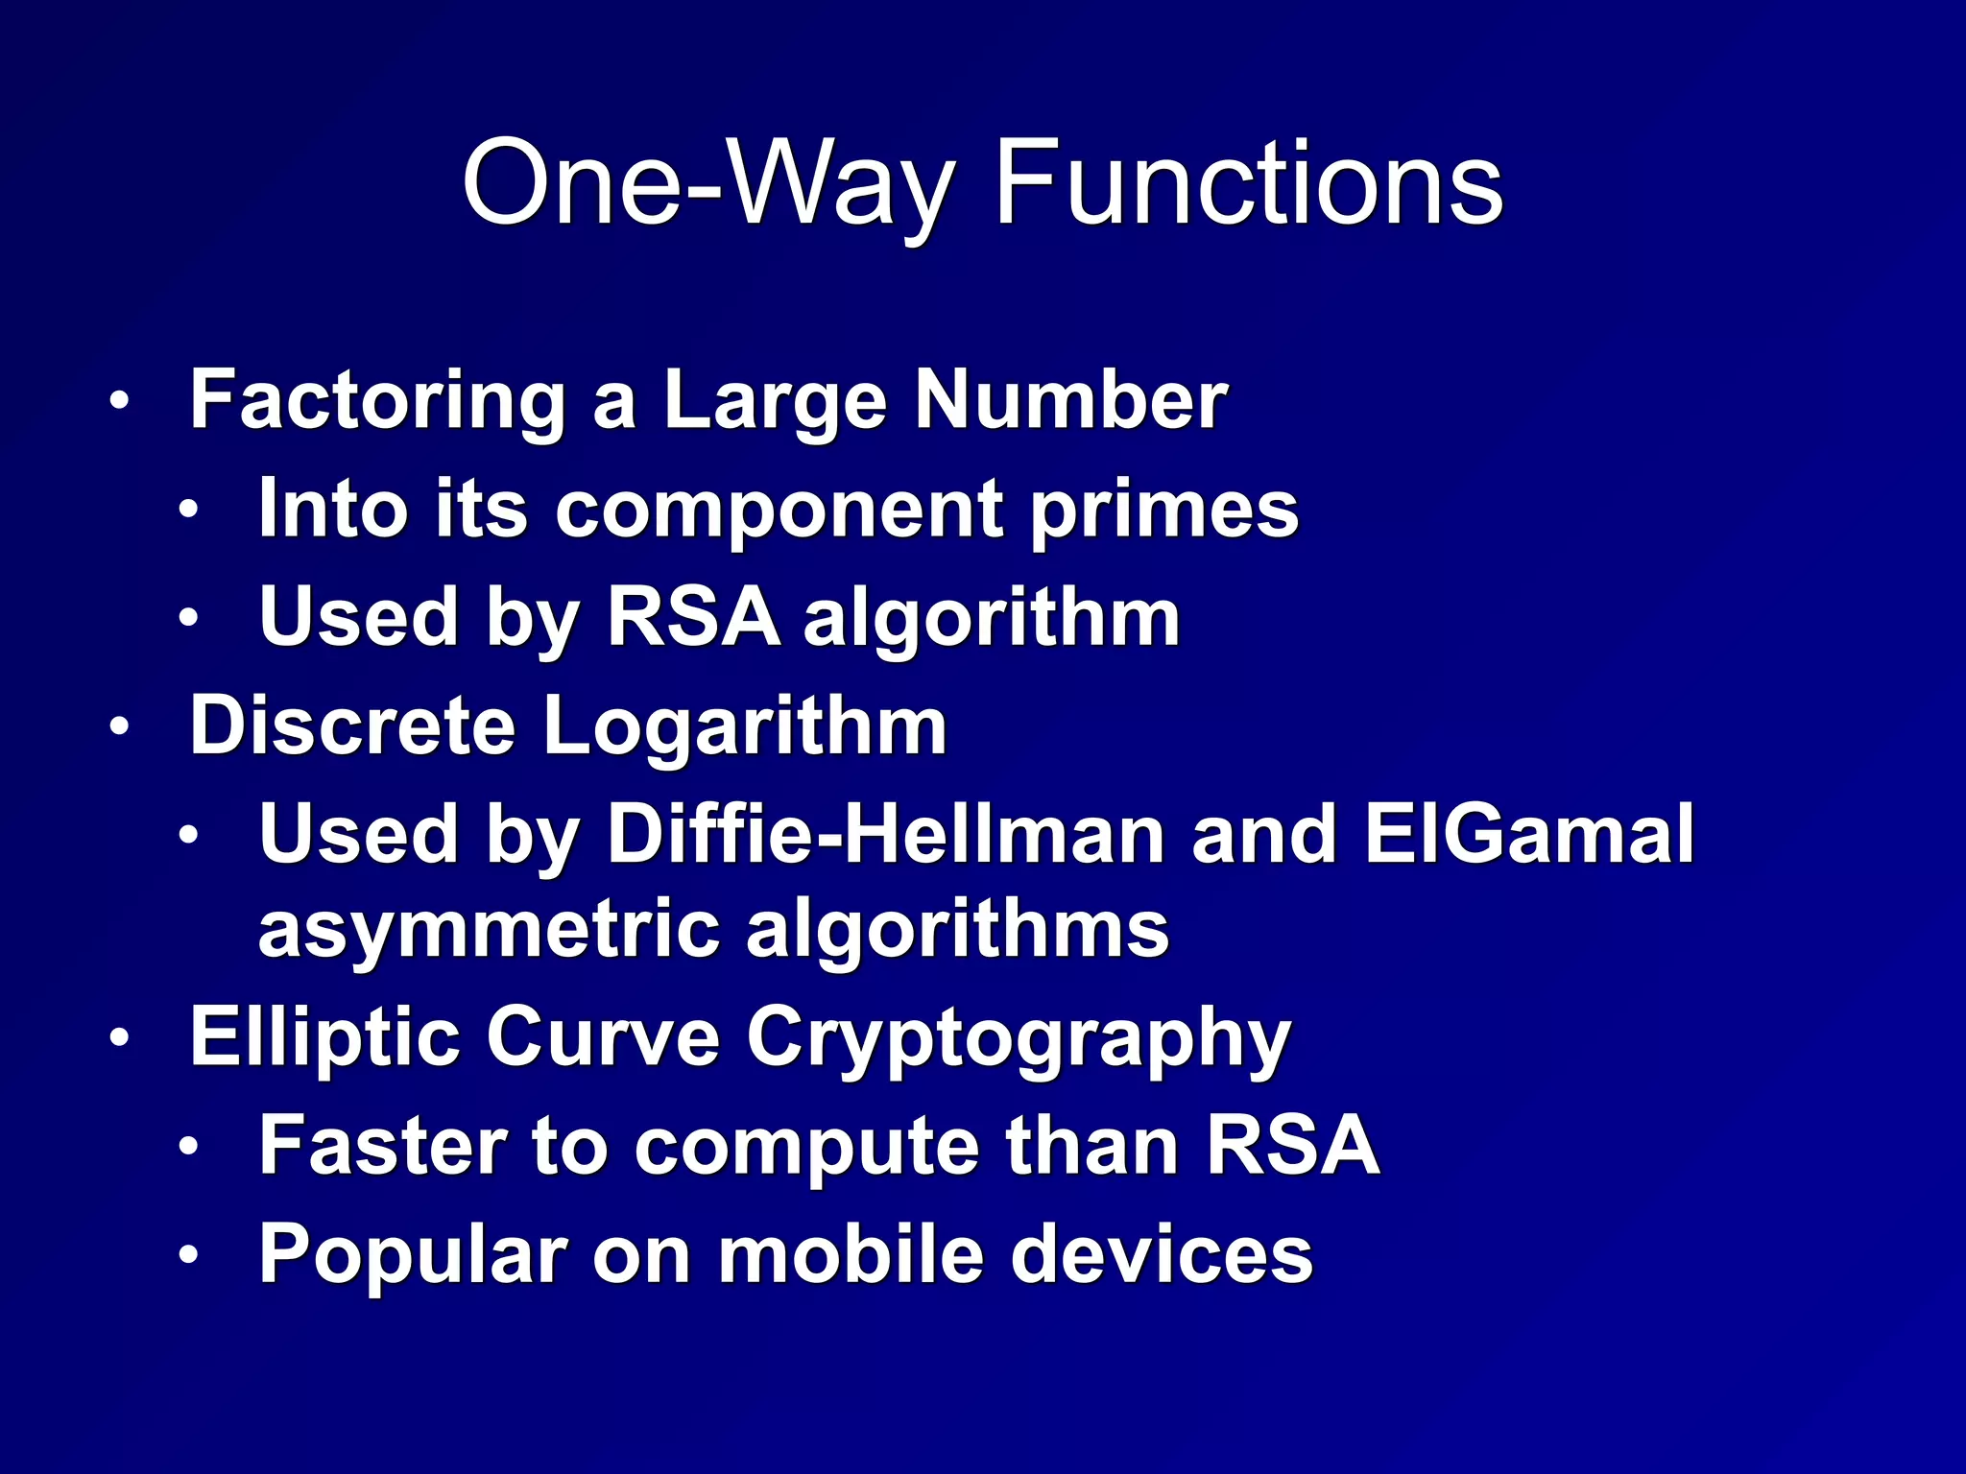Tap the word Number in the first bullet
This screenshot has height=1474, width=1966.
point(1070,400)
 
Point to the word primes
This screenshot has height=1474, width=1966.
point(1164,510)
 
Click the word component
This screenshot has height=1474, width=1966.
point(779,510)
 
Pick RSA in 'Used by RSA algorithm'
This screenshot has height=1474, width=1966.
point(693,617)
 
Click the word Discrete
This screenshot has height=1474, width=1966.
point(353,726)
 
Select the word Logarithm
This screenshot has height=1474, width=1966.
point(745,726)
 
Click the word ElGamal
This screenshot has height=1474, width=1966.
point(1529,835)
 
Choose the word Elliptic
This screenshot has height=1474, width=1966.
point(325,1036)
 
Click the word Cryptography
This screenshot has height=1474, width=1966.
point(1019,1038)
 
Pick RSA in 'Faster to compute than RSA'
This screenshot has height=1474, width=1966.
point(1293,1146)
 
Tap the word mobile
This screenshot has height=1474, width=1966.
point(851,1254)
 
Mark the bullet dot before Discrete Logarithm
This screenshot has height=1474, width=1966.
point(118,727)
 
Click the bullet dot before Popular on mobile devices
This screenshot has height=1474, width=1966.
point(188,1255)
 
